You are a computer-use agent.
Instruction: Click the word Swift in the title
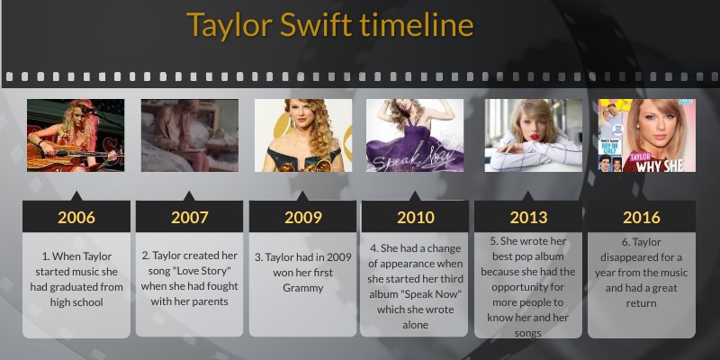(314, 24)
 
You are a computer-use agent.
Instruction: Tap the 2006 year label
(76, 217)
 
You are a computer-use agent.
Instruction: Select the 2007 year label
(189, 217)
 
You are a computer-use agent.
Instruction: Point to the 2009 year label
(302, 217)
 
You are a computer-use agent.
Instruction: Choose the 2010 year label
(415, 217)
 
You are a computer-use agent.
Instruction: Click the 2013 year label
(528, 217)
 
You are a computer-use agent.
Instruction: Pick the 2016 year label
(641, 217)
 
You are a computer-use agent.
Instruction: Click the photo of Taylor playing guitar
(76, 135)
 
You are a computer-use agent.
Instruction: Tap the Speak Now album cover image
(415, 135)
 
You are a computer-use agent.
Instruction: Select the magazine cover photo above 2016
(647, 135)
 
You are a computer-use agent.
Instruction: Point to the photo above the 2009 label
(302, 135)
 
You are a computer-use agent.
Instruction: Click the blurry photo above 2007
(189, 135)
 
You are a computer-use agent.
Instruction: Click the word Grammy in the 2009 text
(302, 289)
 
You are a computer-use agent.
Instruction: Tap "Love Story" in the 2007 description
(207, 271)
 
